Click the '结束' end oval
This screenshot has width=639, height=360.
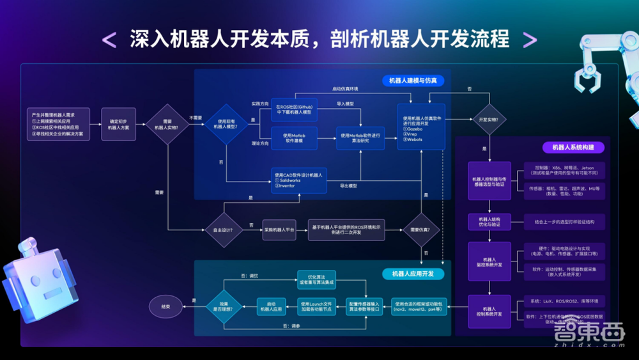coord(166,307)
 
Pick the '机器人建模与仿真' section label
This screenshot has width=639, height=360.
coord(413,81)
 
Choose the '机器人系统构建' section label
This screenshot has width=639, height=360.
coord(573,147)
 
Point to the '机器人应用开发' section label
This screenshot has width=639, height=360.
coord(413,274)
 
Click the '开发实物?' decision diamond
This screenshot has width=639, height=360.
coord(489,120)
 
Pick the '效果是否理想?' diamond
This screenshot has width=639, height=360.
coord(222,307)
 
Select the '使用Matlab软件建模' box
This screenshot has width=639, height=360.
coord(294,138)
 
